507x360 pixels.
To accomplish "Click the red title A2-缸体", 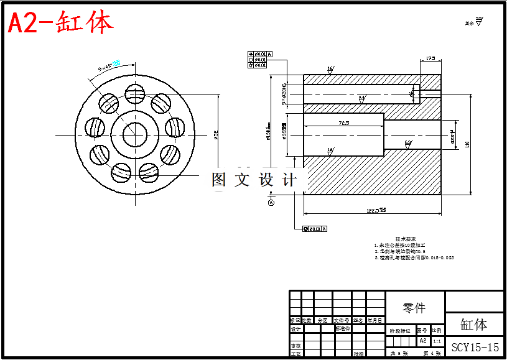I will click(x=60, y=23).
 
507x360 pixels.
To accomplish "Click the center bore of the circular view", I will click(x=134, y=133).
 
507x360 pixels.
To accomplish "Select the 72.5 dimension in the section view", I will click(x=343, y=123).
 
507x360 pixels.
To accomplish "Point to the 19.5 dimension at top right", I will click(x=429, y=58).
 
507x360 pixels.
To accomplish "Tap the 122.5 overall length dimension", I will click(x=375, y=210).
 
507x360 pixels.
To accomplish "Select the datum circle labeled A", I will click(x=271, y=203).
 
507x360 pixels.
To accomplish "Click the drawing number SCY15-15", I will click(x=475, y=347).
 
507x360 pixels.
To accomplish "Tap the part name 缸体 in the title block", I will click(x=474, y=325).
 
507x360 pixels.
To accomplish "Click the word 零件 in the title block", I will click(x=414, y=308).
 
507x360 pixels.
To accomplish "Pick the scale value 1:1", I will click(x=437, y=341).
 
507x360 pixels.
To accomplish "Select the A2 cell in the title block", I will click(x=422, y=341).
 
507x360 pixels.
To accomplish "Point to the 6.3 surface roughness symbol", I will click(x=408, y=144).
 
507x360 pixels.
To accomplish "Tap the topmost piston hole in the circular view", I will click(x=134, y=95).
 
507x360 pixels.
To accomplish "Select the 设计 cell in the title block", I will click(x=295, y=330).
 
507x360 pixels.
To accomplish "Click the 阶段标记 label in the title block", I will click(x=399, y=330).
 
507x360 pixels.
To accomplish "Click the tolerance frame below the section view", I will click(x=315, y=229).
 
